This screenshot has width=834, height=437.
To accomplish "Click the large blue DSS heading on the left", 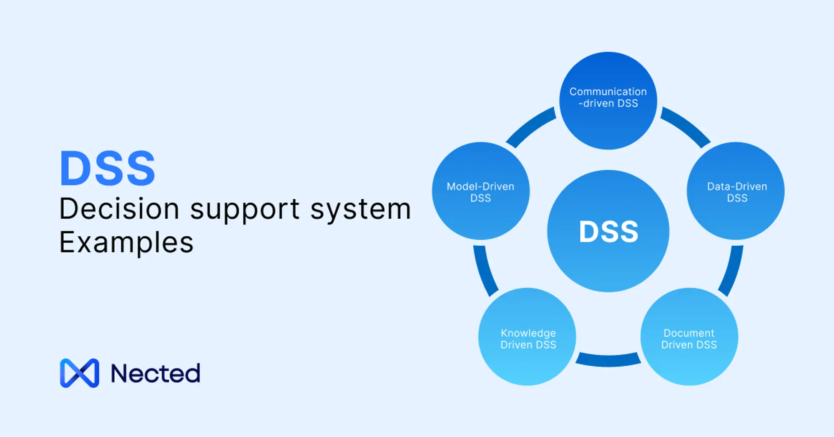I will point(108,168).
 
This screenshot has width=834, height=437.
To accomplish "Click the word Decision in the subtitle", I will point(119,209).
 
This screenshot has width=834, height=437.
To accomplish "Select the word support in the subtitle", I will point(245,210).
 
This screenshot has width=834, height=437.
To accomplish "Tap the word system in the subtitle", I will point(361,210).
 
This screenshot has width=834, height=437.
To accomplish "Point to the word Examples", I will point(126,243).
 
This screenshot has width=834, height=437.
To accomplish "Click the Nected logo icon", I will point(80,373).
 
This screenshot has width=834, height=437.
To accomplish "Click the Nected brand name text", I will point(156,373).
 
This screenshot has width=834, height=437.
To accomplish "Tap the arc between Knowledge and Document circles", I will point(608,360).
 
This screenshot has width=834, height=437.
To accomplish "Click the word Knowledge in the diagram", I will point(528,333).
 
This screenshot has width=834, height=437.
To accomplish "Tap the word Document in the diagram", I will point(689,333).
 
